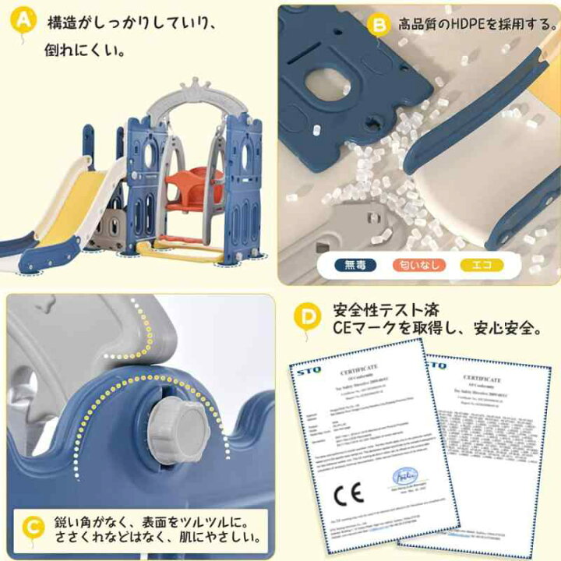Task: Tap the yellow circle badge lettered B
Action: click(x=378, y=26)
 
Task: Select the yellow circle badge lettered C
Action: click(x=30, y=527)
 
